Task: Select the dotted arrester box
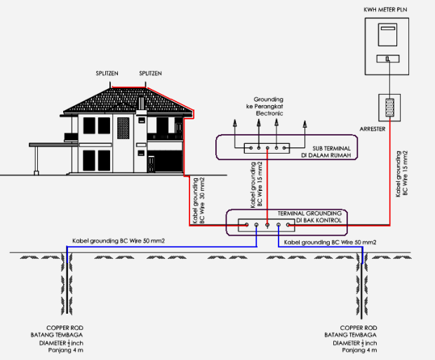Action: pos(388,108)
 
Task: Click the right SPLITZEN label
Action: pos(151,72)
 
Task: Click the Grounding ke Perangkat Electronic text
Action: pos(269,107)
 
